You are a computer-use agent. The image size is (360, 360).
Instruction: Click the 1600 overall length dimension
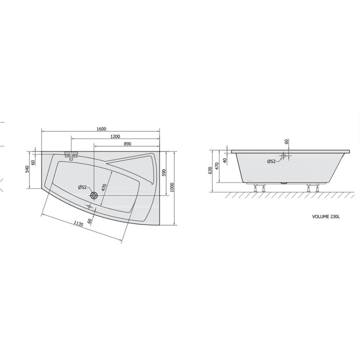pos(101,129)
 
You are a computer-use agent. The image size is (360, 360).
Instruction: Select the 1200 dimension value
pos(115,136)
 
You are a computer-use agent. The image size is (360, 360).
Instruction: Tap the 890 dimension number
pos(127,143)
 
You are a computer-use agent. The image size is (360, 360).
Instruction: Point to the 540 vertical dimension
pos(27,169)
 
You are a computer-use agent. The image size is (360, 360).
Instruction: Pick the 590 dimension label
pos(163,172)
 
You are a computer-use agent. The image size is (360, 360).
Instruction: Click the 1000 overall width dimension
pos(172,187)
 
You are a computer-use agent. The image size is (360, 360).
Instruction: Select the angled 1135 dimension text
pos(78,223)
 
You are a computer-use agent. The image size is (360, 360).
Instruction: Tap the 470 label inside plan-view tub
pos(104,187)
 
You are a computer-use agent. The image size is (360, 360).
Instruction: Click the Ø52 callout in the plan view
pos(82,187)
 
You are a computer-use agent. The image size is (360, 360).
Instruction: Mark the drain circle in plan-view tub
pos(94,195)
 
